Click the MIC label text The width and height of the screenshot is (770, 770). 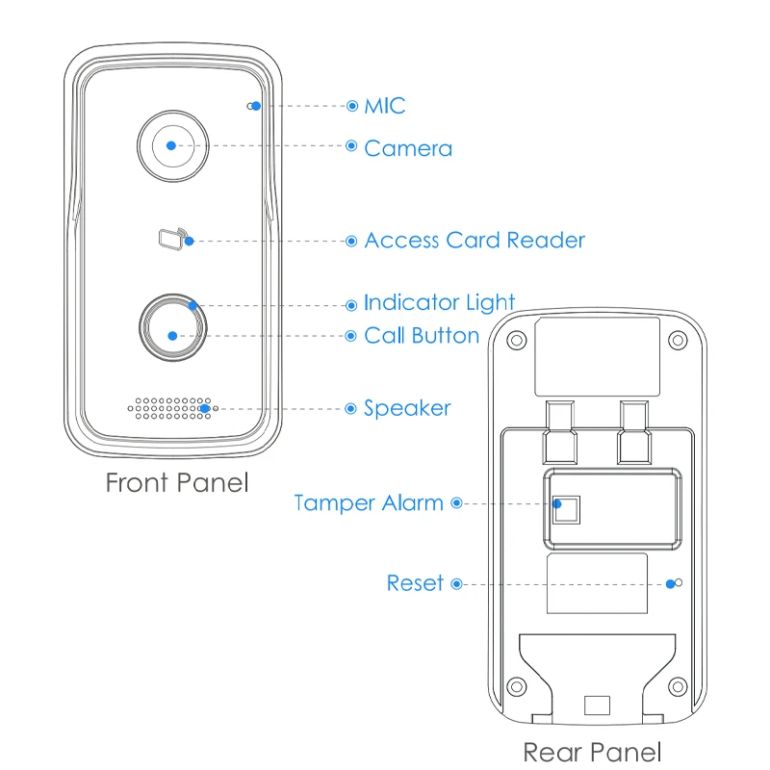coord(385,105)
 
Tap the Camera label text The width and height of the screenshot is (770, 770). coord(408,148)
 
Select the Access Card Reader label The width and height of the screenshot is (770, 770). coord(475,240)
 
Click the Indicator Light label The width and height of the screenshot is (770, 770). coord(439,303)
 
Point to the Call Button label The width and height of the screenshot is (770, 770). coord(422,336)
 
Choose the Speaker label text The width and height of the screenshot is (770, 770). coord(407,408)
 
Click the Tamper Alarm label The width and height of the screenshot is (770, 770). coord(369,502)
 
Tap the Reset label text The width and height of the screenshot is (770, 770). coord(415,583)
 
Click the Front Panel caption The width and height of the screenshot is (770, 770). coord(177,482)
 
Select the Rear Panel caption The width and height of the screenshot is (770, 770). coord(592,752)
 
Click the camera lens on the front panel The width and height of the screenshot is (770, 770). coord(171,145)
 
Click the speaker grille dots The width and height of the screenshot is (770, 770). coord(169,408)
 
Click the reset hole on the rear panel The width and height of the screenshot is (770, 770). coord(679,582)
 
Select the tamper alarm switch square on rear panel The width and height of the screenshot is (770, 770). coord(566,507)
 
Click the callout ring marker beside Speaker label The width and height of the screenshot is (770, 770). coord(350,408)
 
